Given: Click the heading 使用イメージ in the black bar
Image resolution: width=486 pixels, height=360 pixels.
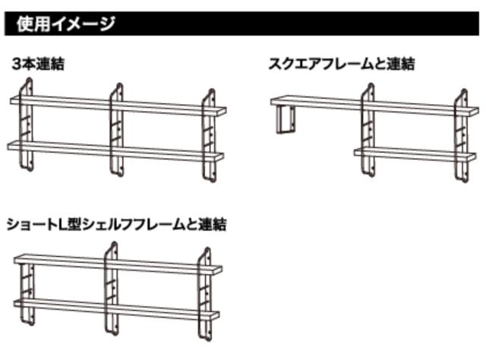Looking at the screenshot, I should pos(65,24).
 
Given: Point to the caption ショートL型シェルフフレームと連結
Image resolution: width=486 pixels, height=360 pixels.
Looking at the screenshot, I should pos(116,225).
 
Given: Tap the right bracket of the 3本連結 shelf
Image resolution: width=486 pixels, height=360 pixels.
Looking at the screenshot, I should pos(208,137).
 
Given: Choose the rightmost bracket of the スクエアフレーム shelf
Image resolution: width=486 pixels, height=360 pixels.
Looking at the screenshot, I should pos(458,137).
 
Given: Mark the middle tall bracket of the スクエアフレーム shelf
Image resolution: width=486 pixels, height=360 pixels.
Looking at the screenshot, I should pos(368,129).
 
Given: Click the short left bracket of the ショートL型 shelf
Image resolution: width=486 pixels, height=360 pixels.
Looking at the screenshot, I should pos(24,292).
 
